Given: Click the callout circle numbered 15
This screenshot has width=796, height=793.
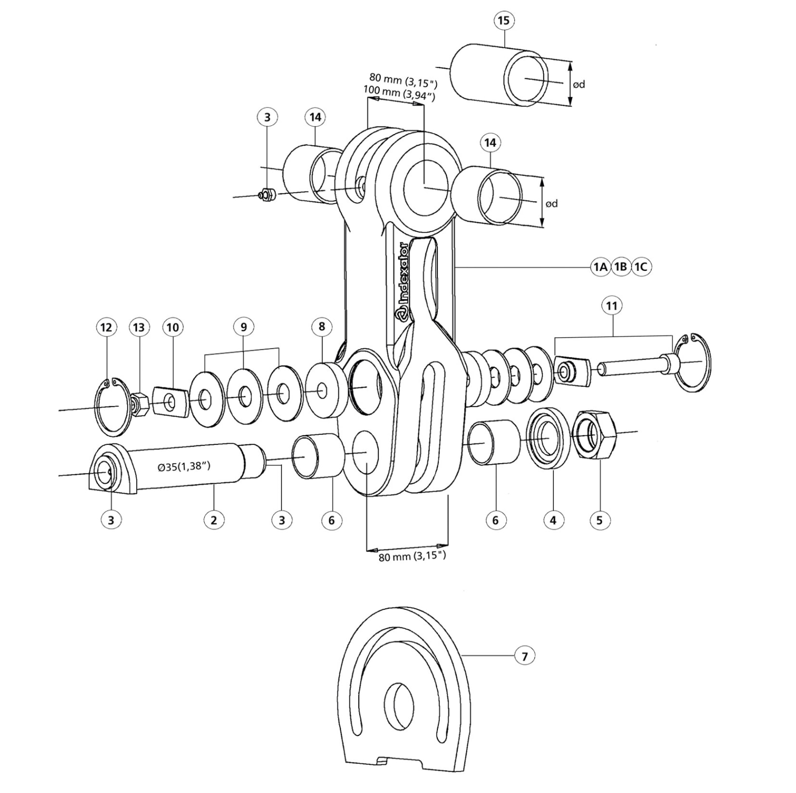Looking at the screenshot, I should (503, 21).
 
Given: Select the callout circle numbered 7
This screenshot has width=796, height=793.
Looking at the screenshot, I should (525, 656).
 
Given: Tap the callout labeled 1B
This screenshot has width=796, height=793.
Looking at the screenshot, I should (621, 266).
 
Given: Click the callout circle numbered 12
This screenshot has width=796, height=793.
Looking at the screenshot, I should (106, 327).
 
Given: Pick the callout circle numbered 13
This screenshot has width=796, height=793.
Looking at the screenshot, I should (139, 327).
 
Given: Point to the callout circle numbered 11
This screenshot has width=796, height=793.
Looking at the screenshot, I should (611, 306).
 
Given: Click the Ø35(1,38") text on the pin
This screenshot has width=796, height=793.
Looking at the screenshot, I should (184, 467).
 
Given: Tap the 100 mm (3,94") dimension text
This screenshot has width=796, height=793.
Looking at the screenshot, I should (399, 94).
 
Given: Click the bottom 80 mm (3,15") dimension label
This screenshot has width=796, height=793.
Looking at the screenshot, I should (412, 557).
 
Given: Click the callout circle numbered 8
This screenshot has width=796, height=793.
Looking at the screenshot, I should (322, 326).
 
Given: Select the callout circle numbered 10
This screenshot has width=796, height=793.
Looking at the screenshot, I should (173, 327).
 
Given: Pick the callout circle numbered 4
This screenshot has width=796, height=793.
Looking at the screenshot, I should (553, 520).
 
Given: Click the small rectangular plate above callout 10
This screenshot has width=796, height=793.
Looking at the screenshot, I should (171, 402).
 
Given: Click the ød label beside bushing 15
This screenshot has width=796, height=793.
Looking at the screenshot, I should (579, 84).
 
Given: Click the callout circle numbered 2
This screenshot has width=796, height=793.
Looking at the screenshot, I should (214, 520).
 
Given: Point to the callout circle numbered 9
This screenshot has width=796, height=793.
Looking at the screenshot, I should (244, 327).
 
